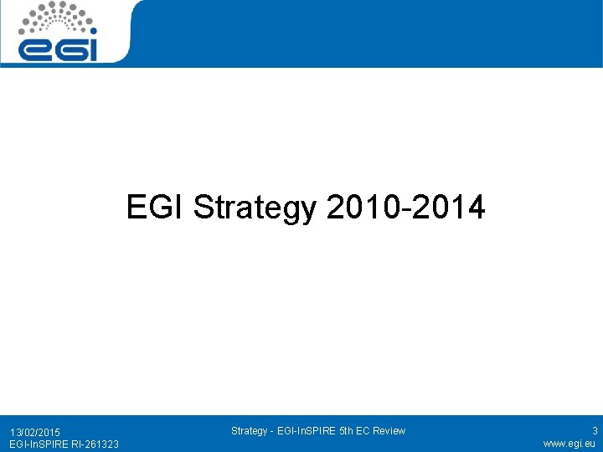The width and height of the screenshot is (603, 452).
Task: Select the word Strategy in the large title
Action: [x=255, y=208]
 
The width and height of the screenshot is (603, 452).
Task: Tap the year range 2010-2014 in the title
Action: [x=406, y=207]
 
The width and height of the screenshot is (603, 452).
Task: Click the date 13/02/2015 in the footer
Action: [x=35, y=432]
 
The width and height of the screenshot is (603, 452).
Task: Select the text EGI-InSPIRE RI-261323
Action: [x=64, y=444]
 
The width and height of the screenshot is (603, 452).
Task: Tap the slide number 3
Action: [x=595, y=431]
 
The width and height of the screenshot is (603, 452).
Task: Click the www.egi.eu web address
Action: [x=569, y=444]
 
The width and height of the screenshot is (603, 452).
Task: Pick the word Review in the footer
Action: [x=388, y=431]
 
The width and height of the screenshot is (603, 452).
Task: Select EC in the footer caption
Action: [x=363, y=431]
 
